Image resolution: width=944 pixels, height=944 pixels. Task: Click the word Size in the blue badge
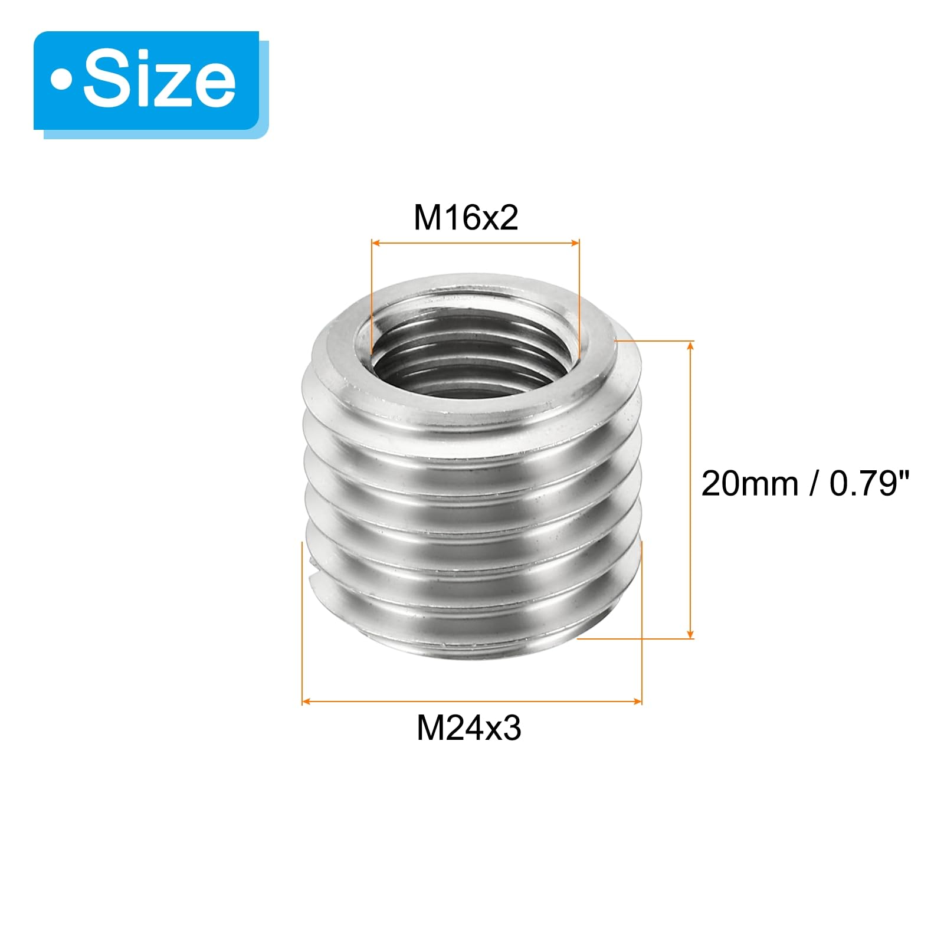tap(159, 80)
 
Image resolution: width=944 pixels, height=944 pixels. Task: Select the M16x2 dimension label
tap(466, 218)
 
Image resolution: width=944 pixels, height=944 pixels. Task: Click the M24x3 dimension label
tap(469, 728)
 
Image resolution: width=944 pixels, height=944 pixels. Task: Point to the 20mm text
tap(749, 484)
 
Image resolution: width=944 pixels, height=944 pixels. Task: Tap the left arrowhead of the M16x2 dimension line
tap(375, 242)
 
